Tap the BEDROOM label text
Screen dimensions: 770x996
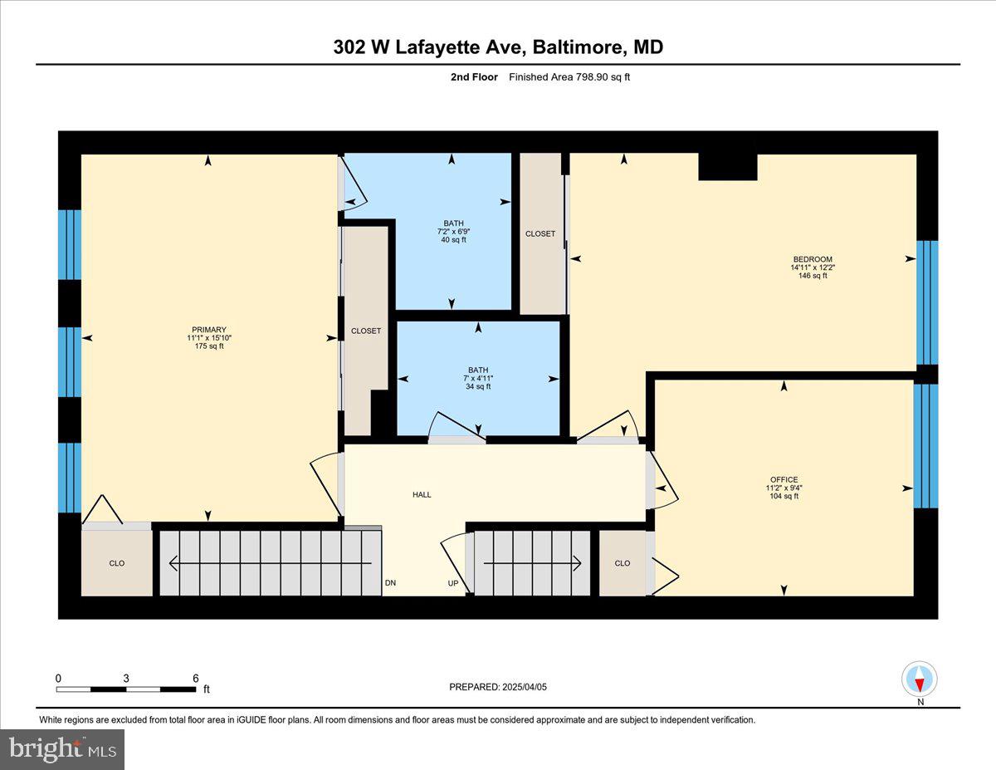click(x=811, y=259)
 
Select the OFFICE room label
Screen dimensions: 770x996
click(x=784, y=480)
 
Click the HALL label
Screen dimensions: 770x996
click(x=422, y=495)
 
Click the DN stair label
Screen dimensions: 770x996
click(x=390, y=583)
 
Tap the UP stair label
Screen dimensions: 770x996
click(x=453, y=583)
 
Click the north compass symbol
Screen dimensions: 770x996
click(x=919, y=679)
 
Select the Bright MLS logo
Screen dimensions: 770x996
click(x=62, y=749)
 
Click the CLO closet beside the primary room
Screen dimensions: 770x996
click(x=117, y=563)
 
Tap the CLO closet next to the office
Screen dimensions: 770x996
click(x=622, y=563)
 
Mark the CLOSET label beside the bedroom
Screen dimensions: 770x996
click(x=540, y=234)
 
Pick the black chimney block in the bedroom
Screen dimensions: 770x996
click(x=727, y=167)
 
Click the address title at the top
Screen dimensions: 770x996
click(x=498, y=47)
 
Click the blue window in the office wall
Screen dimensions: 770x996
click(x=925, y=445)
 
